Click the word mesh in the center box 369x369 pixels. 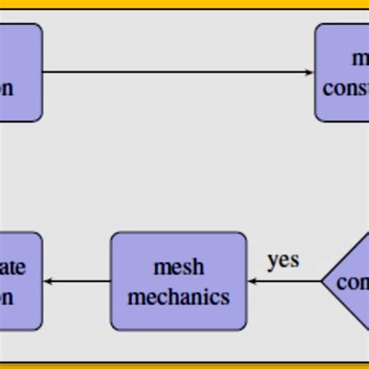[178, 267]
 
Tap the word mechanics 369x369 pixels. [178, 297]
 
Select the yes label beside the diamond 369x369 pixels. [283, 259]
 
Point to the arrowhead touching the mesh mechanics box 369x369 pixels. [252, 281]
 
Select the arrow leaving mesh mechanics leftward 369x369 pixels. [78, 281]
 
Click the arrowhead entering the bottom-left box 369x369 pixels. [47, 281]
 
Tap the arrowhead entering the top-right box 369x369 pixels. [310, 72]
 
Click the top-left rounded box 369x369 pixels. [19, 72]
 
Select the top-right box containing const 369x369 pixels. [343, 72]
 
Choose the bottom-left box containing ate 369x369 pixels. [19, 281]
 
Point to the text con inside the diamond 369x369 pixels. [353, 282]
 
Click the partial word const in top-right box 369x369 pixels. [346, 88]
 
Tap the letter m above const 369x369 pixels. [360, 58]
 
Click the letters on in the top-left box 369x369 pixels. [6, 88]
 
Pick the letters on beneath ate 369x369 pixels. [6, 297]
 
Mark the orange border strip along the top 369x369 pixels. [184, 4]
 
